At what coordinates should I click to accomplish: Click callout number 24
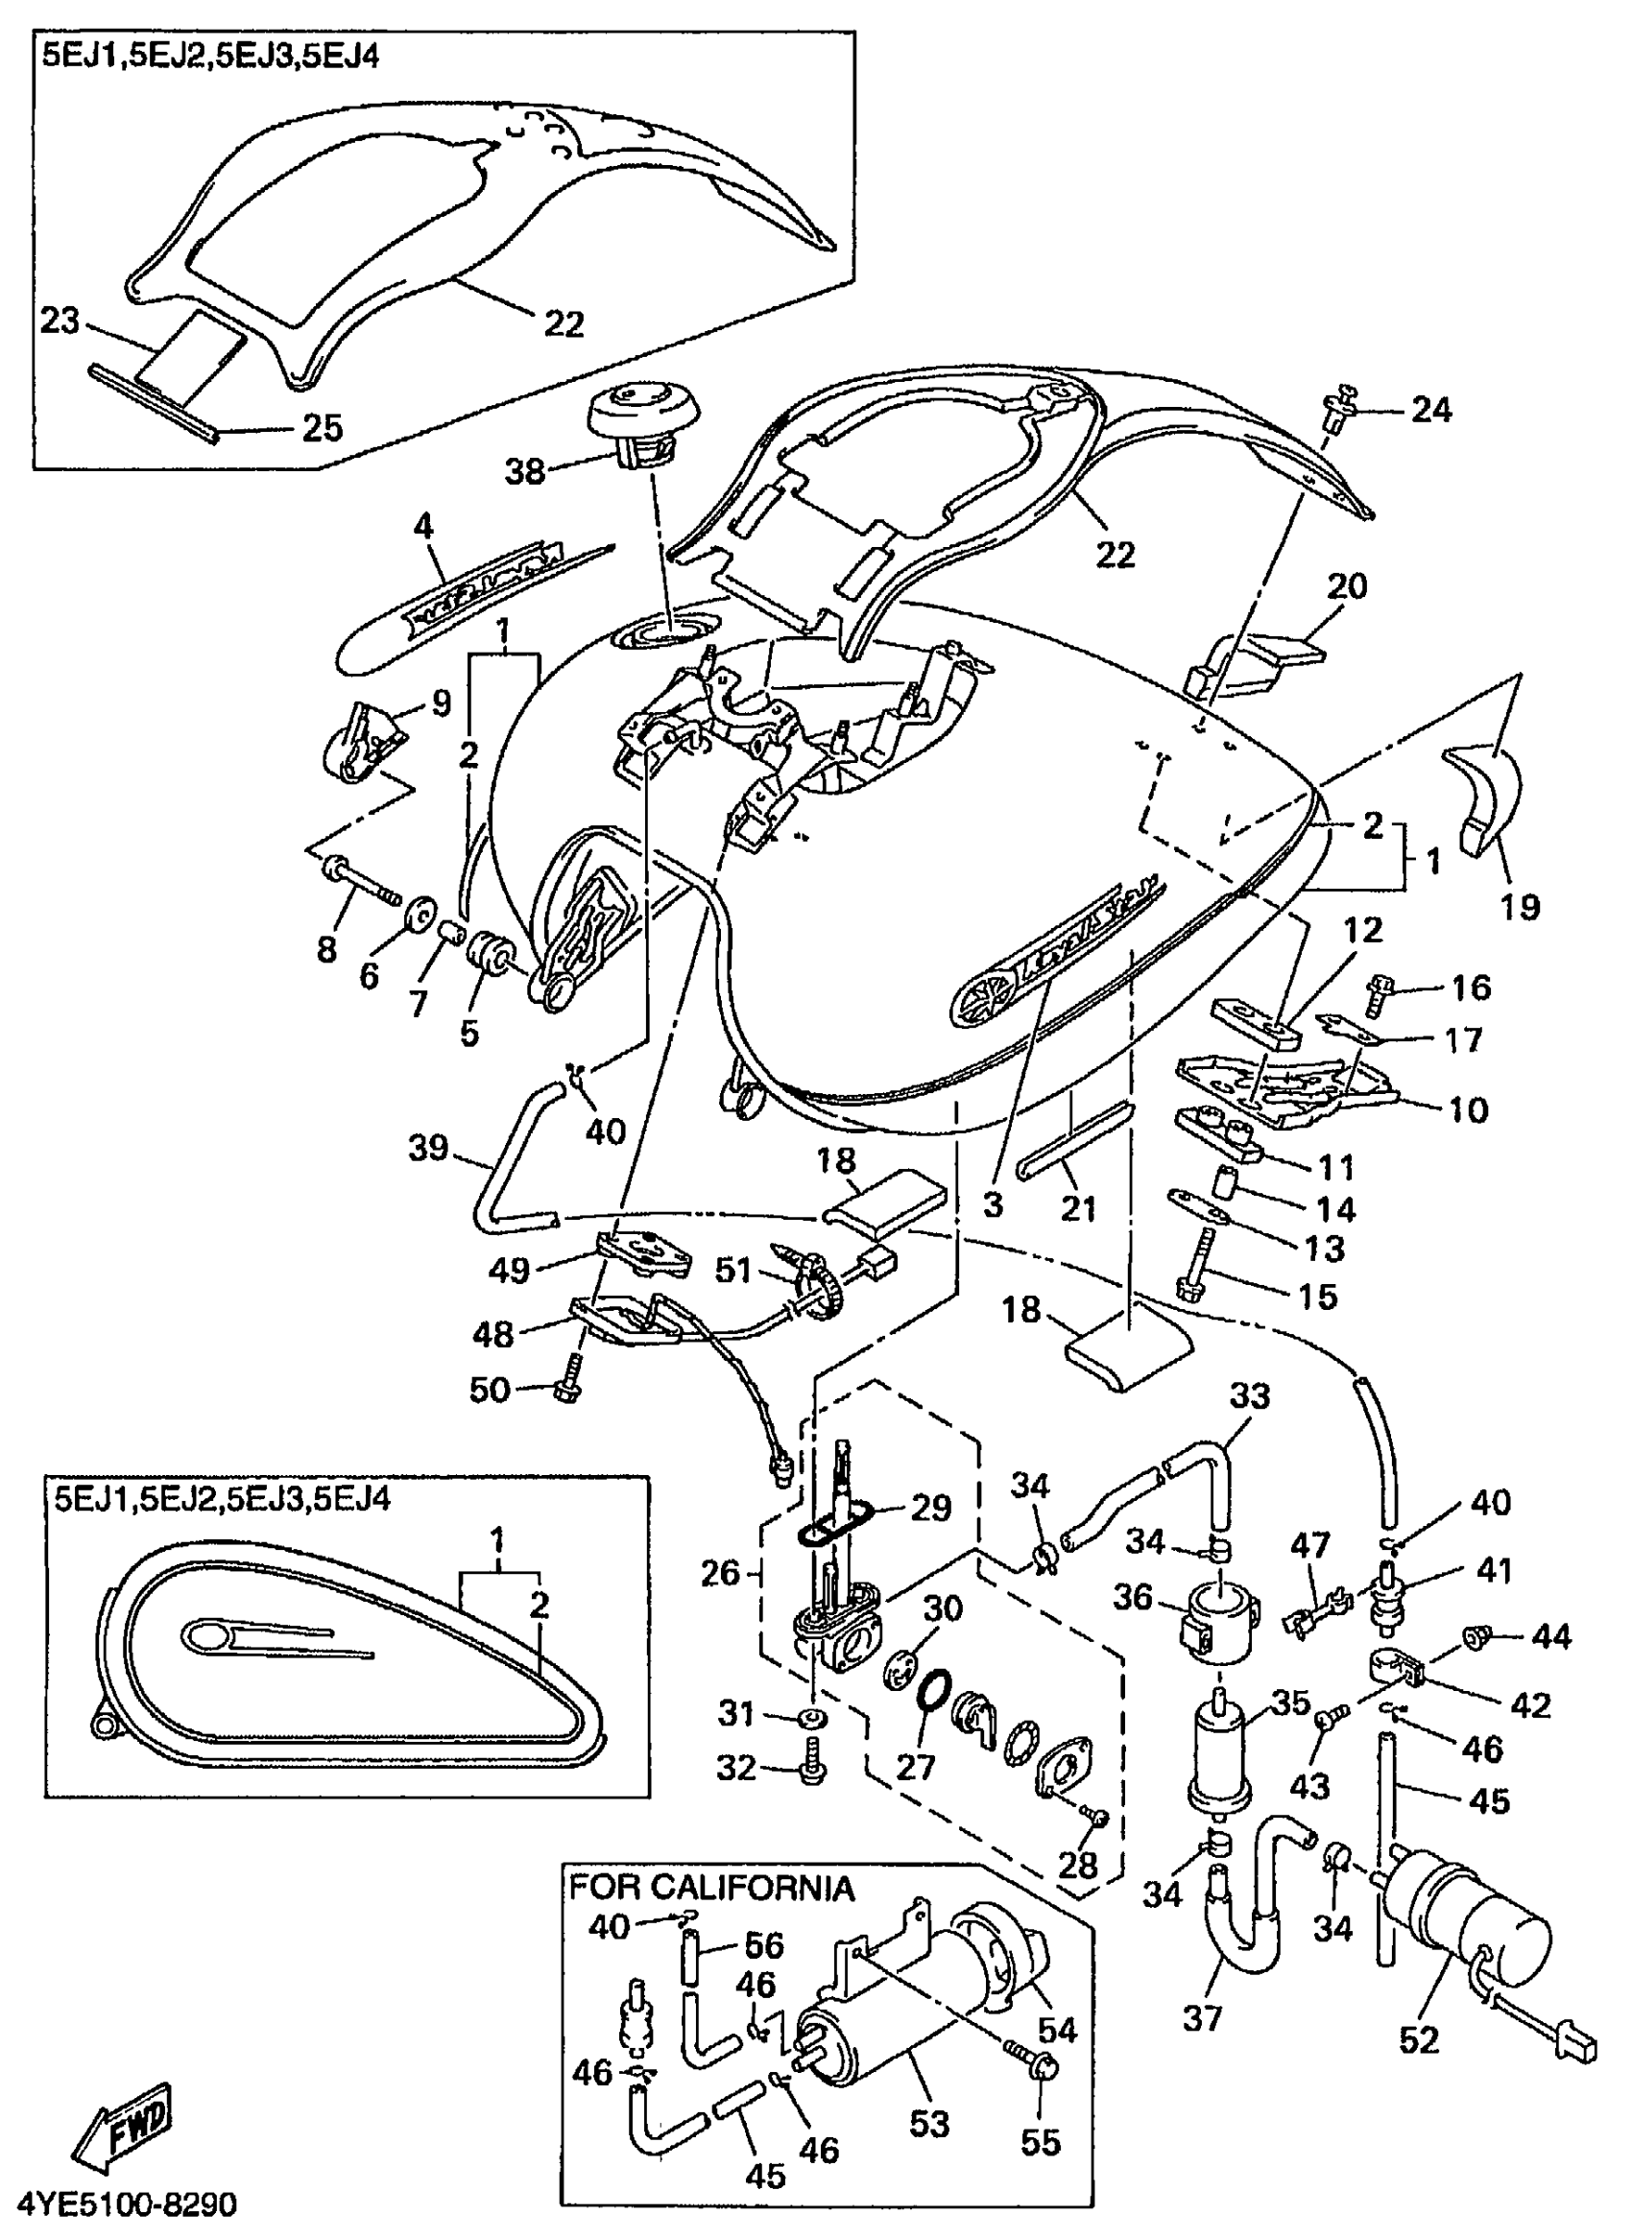[x=1431, y=409]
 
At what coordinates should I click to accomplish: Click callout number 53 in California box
[x=928, y=2124]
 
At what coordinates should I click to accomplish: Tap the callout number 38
[x=524, y=472]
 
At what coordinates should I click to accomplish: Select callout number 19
[x=1520, y=906]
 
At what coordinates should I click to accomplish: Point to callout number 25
[x=321, y=429]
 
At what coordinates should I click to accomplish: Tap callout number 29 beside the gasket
[x=929, y=1508]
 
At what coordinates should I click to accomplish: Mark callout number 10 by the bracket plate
[x=1467, y=1110]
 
